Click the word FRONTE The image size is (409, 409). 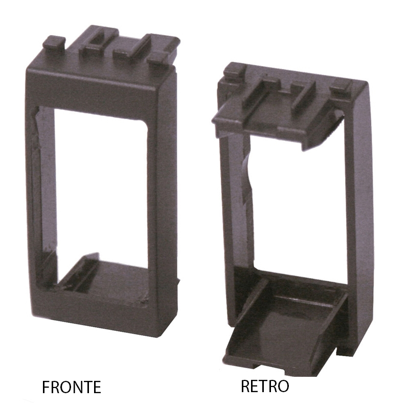click(x=72, y=387)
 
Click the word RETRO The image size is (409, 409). click(x=265, y=386)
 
